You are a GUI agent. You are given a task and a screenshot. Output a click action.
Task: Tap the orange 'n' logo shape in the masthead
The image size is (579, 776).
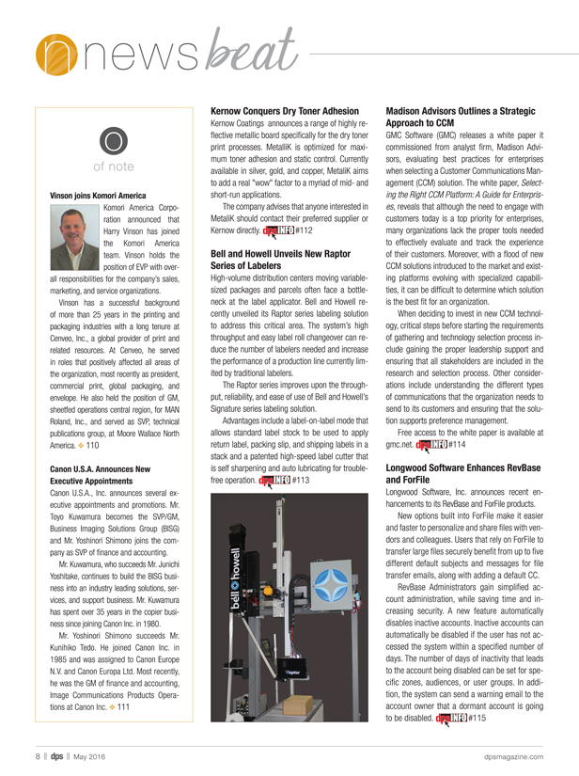pyautogui.click(x=50, y=54)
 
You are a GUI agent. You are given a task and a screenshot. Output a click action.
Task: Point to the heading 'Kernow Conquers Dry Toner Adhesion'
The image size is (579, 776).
pyautogui.click(x=287, y=110)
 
